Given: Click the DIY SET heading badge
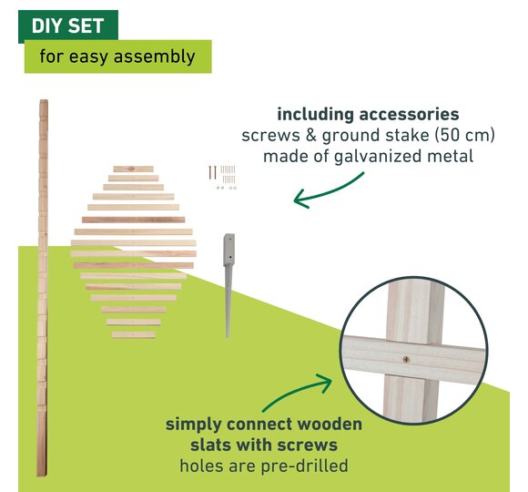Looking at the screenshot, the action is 68,26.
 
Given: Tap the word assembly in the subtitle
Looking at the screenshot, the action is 154,56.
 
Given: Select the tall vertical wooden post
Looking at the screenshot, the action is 43,288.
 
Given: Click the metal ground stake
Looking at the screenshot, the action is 229,285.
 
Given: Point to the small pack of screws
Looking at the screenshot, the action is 223,178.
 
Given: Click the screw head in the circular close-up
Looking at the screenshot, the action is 406,360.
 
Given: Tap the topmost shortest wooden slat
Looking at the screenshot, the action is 133,169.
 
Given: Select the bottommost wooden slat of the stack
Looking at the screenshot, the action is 133,334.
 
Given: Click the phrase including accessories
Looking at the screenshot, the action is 368,115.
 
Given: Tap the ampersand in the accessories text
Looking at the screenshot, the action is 310,136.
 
